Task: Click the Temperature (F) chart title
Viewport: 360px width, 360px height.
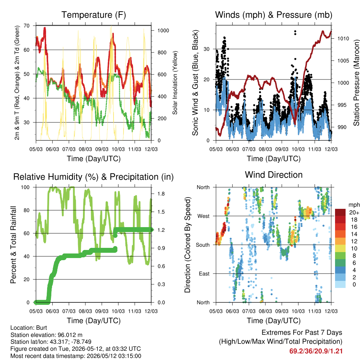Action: click(94, 15)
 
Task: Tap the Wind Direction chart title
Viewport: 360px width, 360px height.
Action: click(274, 175)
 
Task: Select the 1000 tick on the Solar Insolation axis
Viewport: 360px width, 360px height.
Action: click(163, 31)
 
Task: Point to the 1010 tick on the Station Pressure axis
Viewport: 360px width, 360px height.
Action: click(343, 39)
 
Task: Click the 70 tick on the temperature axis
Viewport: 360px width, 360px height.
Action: click(27, 26)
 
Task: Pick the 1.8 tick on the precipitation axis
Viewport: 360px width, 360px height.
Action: click(161, 194)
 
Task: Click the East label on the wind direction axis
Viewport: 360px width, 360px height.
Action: click(204, 274)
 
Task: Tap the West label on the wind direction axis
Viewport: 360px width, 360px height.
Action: click(204, 216)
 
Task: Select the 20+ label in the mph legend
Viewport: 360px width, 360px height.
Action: click(354, 213)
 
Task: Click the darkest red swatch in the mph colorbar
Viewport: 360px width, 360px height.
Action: click(340, 212)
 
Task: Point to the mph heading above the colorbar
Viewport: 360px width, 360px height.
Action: click(354, 205)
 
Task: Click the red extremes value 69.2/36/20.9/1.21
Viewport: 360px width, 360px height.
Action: click(316, 351)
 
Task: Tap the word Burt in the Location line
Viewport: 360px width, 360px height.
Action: click(41, 328)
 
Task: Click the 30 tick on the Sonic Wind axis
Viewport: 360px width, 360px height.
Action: click(207, 49)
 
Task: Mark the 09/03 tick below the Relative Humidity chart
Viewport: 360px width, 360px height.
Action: click(102, 311)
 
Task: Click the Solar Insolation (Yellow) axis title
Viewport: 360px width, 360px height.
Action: click(175, 83)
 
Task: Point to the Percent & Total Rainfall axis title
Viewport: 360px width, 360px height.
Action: click(13, 245)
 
